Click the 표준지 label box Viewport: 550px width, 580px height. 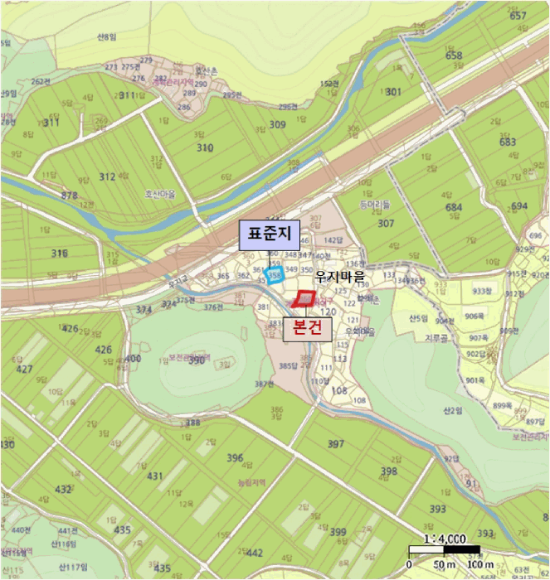(x=263, y=235)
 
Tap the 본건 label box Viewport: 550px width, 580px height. (x=308, y=329)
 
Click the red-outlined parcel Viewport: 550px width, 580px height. (x=304, y=298)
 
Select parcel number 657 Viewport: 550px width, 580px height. (x=519, y=16)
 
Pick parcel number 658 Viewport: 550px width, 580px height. (x=454, y=56)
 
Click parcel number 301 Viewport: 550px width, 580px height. (x=393, y=92)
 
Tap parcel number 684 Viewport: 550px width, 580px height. (x=454, y=206)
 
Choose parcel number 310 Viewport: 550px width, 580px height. (x=205, y=147)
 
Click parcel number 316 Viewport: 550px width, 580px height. (x=59, y=253)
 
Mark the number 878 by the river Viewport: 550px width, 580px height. (x=70, y=196)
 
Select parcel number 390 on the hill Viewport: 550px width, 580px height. (x=197, y=361)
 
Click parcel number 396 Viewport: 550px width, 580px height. (x=235, y=457)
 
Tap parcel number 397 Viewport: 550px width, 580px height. (x=336, y=444)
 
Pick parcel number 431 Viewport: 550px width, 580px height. (x=155, y=476)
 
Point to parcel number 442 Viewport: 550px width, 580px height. (x=255, y=553)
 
